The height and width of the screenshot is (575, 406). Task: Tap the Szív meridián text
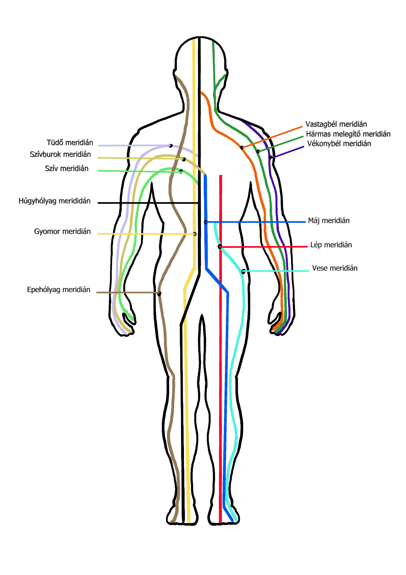pyautogui.click(x=66, y=168)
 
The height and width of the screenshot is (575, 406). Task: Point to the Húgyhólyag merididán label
pyautogui.click(x=55, y=201)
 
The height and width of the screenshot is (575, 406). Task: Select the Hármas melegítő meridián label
pyautogui.click(x=348, y=134)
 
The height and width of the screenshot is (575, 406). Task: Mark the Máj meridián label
pyautogui.click(x=329, y=221)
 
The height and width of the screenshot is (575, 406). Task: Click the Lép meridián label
pyautogui.click(x=331, y=245)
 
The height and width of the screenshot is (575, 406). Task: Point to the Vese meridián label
pyautogui.click(x=335, y=268)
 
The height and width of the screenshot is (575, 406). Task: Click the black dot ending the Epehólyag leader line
pyautogui.click(x=159, y=293)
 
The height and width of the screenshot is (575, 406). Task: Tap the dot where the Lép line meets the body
pyautogui.click(x=220, y=247)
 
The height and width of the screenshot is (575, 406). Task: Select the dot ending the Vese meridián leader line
pyautogui.click(x=243, y=271)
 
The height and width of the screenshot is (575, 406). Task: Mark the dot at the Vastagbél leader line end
pyautogui.click(x=242, y=148)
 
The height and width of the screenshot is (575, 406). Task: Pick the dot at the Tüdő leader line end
pyautogui.click(x=171, y=146)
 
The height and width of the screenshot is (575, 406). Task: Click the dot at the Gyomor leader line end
pyautogui.click(x=195, y=234)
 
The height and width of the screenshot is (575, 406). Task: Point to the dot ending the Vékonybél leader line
pyautogui.click(x=270, y=158)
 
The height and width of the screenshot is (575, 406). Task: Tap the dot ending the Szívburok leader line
pyautogui.click(x=184, y=159)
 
